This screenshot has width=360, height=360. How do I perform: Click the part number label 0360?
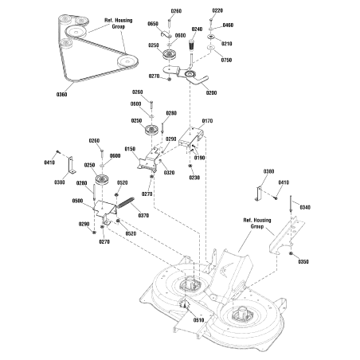(x=61, y=95)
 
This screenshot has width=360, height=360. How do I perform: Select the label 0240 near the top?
(x=197, y=29)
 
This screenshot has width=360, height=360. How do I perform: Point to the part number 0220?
(x=217, y=10)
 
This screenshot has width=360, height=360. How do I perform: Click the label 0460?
(x=228, y=25)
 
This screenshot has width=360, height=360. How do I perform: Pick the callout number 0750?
(x=226, y=60)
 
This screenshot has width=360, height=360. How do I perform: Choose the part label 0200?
(x=211, y=93)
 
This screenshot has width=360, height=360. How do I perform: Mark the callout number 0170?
(x=207, y=120)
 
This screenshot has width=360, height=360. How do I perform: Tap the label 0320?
(x=169, y=172)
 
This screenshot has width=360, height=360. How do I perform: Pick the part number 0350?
(x=303, y=261)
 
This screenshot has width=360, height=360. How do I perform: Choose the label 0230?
(x=194, y=178)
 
